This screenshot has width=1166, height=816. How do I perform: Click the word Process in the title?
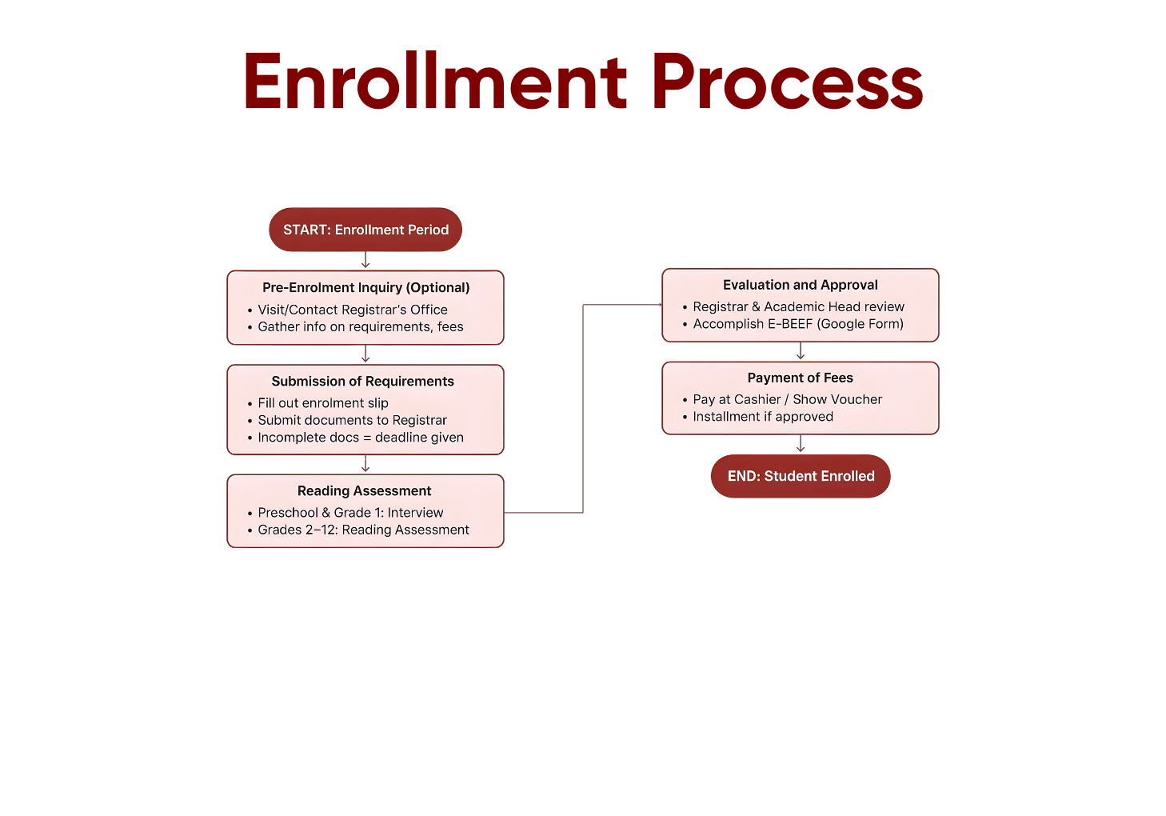(787, 82)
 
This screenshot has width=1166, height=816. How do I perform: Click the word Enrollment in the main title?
(435, 80)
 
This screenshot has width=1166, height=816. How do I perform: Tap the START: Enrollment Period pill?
(365, 230)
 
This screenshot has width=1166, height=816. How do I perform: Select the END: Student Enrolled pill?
(801, 476)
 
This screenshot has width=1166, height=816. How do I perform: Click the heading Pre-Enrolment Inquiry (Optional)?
(366, 287)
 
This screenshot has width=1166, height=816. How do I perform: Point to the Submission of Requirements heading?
(363, 381)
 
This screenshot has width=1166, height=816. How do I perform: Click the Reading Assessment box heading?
(365, 490)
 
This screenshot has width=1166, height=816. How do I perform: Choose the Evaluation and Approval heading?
(800, 285)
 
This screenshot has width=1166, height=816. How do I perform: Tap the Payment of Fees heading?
(800, 378)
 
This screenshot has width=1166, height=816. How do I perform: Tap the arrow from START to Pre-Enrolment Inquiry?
(365, 259)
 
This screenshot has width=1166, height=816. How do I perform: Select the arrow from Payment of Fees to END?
(801, 443)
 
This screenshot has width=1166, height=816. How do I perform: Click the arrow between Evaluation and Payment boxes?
(801, 350)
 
